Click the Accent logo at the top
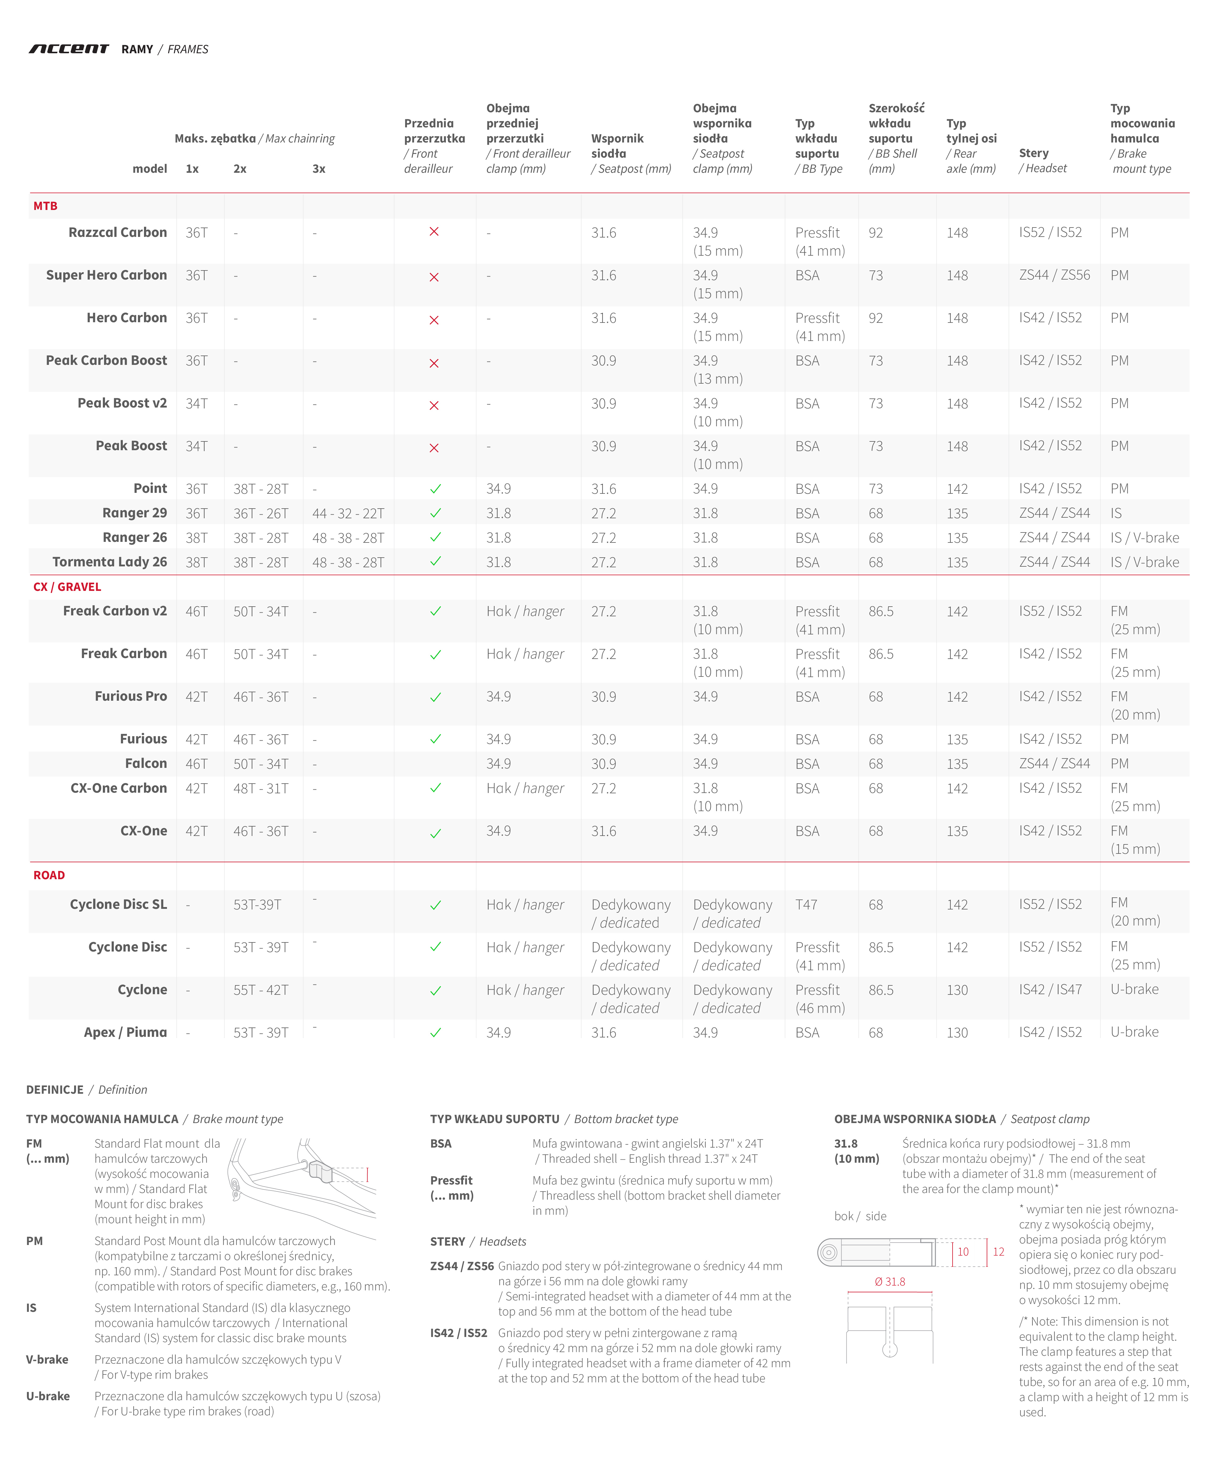(x=68, y=49)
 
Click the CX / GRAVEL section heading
(x=67, y=587)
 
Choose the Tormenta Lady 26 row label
(x=110, y=562)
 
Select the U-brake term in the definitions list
(x=47, y=1396)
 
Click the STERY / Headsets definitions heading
(x=477, y=1242)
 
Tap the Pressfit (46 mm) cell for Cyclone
(x=820, y=999)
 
